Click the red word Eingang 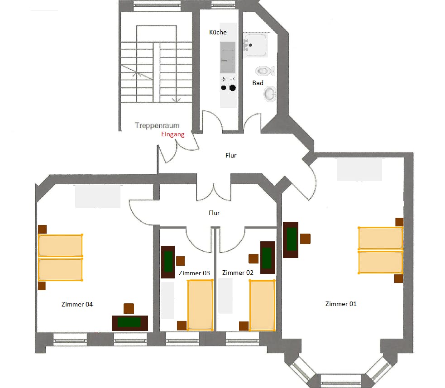tap(173, 134)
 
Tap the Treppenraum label tap(157, 125)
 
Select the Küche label tap(218, 32)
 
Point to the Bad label tap(258, 83)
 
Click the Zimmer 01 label tap(341, 304)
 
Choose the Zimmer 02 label tap(238, 273)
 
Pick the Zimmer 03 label tap(194, 273)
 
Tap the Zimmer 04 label tap(77, 304)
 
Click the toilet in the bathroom tap(265, 71)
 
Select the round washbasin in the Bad tap(270, 94)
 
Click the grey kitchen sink tap(228, 57)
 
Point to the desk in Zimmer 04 tap(130, 323)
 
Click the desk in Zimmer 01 tap(291, 240)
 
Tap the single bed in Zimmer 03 tap(200, 305)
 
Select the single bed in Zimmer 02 tap(262, 305)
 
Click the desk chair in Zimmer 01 tap(306, 239)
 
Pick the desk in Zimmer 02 tap(268, 258)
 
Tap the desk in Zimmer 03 tap(168, 262)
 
